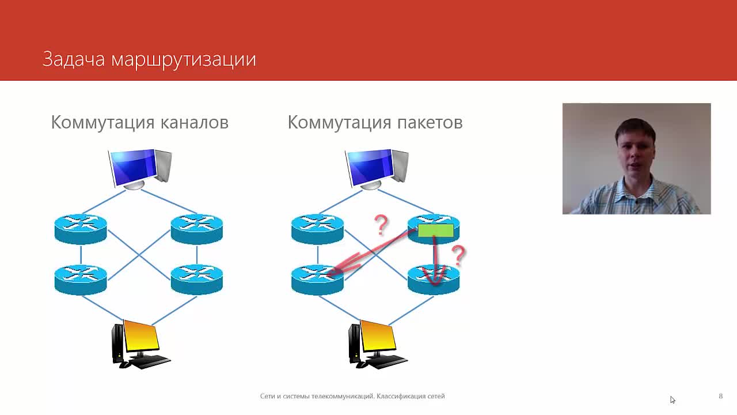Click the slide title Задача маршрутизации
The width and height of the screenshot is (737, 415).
point(149,59)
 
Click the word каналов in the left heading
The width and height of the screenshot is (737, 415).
point(195,123)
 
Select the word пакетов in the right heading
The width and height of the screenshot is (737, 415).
point(430,123)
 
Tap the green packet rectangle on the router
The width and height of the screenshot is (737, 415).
point(436,230)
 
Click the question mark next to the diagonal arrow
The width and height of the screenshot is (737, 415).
point(381,225)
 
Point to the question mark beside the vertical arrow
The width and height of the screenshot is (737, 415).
point(458,255)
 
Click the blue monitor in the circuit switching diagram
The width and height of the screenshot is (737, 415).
point(140,169)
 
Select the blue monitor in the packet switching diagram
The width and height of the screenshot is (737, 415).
point(377,169)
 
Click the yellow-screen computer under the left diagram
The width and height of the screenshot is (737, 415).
point(141,344)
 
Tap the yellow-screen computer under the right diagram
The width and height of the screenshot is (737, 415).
point(378,344)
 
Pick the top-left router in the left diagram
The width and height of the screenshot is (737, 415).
point(81,229)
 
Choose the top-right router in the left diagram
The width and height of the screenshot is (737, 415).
point(197,229)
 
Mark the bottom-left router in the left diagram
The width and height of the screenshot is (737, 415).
point(81,280)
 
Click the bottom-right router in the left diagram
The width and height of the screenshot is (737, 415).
point(197,280)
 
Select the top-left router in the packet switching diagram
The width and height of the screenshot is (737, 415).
point(317,229)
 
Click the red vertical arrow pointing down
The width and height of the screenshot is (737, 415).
point(435,260)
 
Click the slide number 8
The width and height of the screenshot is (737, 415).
point(720,396)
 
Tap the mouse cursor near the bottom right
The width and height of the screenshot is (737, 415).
point(673,400)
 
